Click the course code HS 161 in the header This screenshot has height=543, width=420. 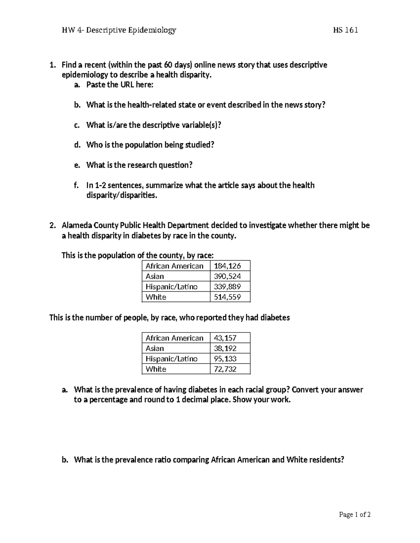click(x=345, y=30)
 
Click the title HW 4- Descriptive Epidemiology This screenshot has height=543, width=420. click(x=119, y=30)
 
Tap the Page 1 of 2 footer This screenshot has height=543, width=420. click(x=355, y=514)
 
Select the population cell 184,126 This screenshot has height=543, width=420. click(x=227, y=266)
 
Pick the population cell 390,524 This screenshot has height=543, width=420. click(x=227, y=276)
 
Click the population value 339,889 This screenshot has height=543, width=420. click(x=227, y=287)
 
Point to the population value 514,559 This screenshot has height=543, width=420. click(x=227, y=297)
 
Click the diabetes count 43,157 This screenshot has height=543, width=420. click(x=225, y=338)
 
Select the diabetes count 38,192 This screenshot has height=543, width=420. click(x=225, y=349)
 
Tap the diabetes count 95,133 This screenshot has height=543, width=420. click(x=225, y=359)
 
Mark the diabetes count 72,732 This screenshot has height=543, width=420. click(x=225, y=369)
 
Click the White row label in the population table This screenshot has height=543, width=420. click(x=156, y=297)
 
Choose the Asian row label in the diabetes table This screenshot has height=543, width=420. click(x=155, y=349)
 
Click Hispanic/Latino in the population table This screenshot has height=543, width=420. click(x=171, y=287)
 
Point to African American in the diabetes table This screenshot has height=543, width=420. click(x=174, y=338)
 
